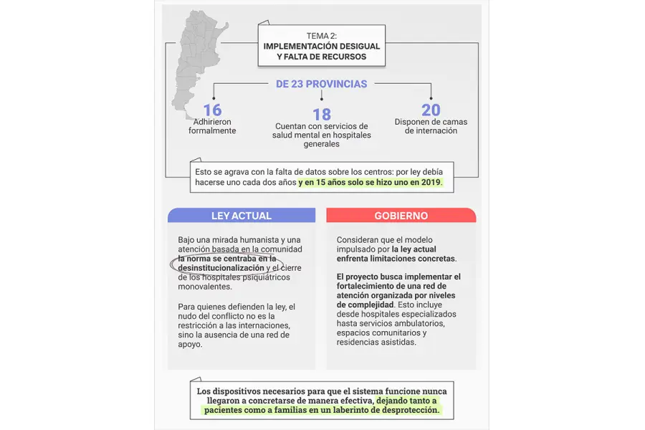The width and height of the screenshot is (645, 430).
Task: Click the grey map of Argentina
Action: coord(196,57)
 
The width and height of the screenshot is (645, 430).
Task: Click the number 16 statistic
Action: coord(212,110)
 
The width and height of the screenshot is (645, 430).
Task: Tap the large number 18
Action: coord(322,115)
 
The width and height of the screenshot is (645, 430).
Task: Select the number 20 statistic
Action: coord(431,110)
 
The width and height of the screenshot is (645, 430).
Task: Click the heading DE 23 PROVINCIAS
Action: coord(322,84)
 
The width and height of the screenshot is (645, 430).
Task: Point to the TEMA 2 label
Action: coord(321,35)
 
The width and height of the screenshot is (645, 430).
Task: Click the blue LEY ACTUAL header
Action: coord(242,216)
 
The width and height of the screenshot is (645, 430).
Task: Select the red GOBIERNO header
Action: coord(401,216)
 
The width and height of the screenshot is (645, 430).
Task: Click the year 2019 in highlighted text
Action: coord(431,183)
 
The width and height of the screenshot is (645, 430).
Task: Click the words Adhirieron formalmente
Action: coord(212,126)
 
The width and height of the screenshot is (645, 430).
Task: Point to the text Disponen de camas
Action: coord(431,122)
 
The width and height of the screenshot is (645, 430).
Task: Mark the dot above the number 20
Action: coord(431,98)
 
